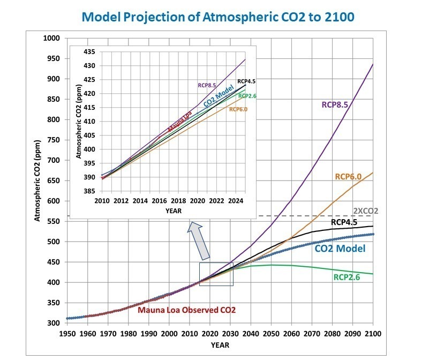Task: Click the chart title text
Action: pos(218,17)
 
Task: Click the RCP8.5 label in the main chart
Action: pos(335,104)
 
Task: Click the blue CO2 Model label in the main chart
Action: pos(340,249)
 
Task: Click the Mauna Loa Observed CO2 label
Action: pos(186,310)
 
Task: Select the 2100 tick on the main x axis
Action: pos(373,334)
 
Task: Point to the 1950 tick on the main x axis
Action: pos(66,334)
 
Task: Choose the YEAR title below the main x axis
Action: pos(218,345)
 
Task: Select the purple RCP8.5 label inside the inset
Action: pos(207,85)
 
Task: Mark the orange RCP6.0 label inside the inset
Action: pos(238,109)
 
